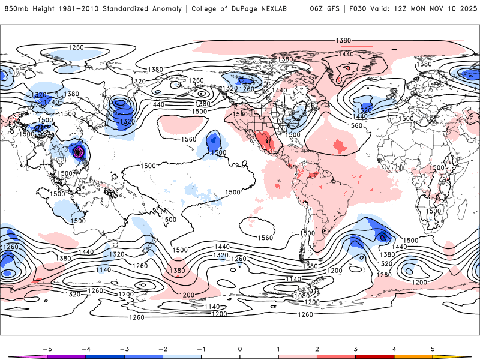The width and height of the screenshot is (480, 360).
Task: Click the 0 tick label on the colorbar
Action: pyautogui.click(x=239, y=349)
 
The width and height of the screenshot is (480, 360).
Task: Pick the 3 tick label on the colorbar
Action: pyautogui.click(x=356, y=349)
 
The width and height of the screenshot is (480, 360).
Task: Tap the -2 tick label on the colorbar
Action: pyautogui.click(x=161, y=349)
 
